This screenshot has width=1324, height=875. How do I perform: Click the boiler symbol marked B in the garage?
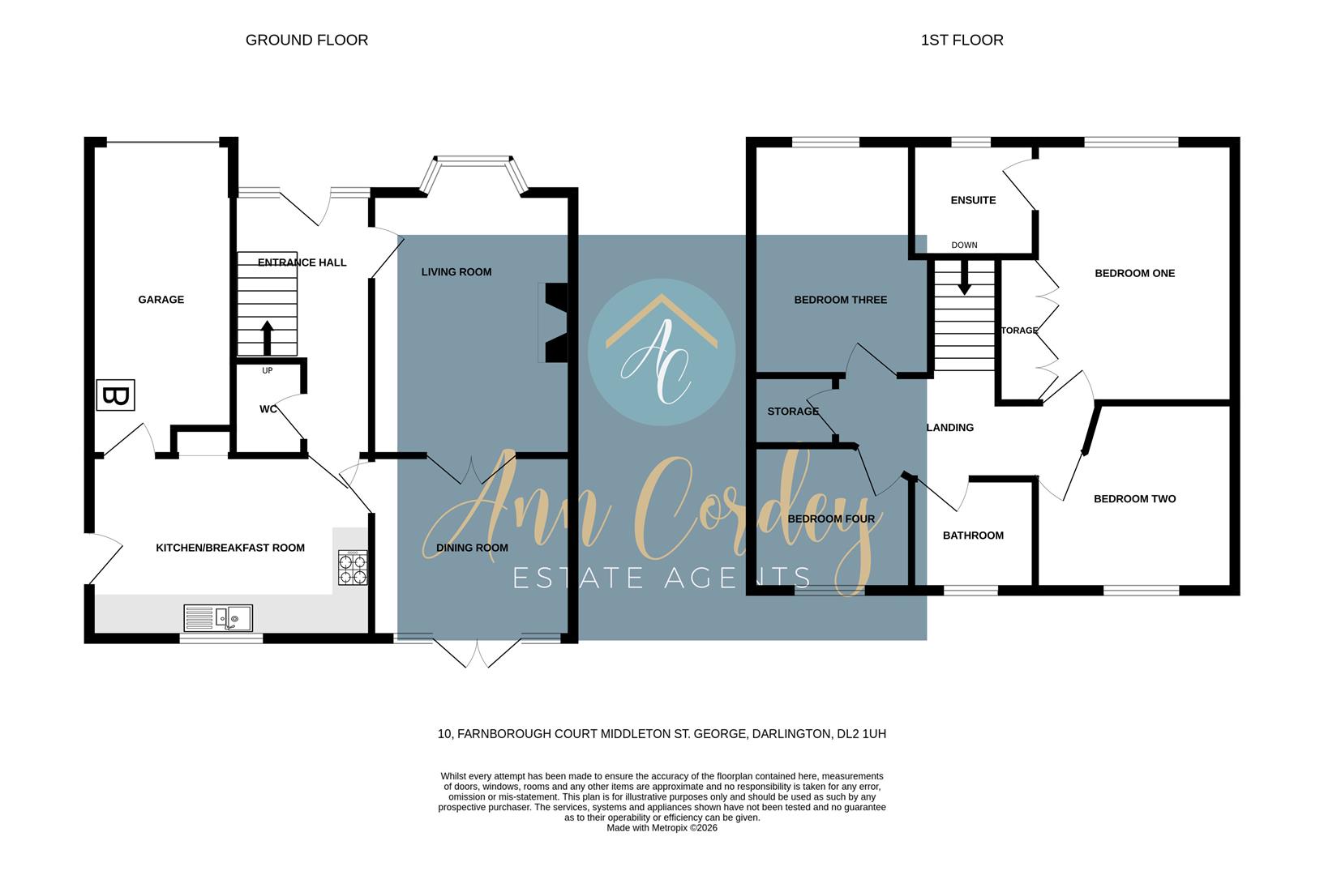point(115,395)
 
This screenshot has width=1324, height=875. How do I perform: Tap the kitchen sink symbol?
point(218,618)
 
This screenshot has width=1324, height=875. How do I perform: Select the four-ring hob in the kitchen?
point(353,567)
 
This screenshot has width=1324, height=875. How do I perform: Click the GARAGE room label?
point(161,300)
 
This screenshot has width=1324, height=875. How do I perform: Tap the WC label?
point(268,409)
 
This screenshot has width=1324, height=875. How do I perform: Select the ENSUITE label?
point(973,200)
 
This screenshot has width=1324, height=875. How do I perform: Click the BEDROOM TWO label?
point(1134,499)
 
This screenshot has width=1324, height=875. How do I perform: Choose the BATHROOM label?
point(973,536)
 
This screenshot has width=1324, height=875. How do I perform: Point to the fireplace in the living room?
point(555,322)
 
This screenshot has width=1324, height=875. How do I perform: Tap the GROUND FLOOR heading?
point(306,40)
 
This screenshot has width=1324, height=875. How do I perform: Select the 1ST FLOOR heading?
point(962,40)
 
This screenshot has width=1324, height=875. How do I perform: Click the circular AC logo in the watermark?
point(662,352)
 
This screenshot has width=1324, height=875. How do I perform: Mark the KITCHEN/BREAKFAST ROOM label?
point(230,548)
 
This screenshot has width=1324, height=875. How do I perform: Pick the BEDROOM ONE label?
point(1134,273)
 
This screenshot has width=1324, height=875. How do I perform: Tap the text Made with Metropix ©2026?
point(662,828)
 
